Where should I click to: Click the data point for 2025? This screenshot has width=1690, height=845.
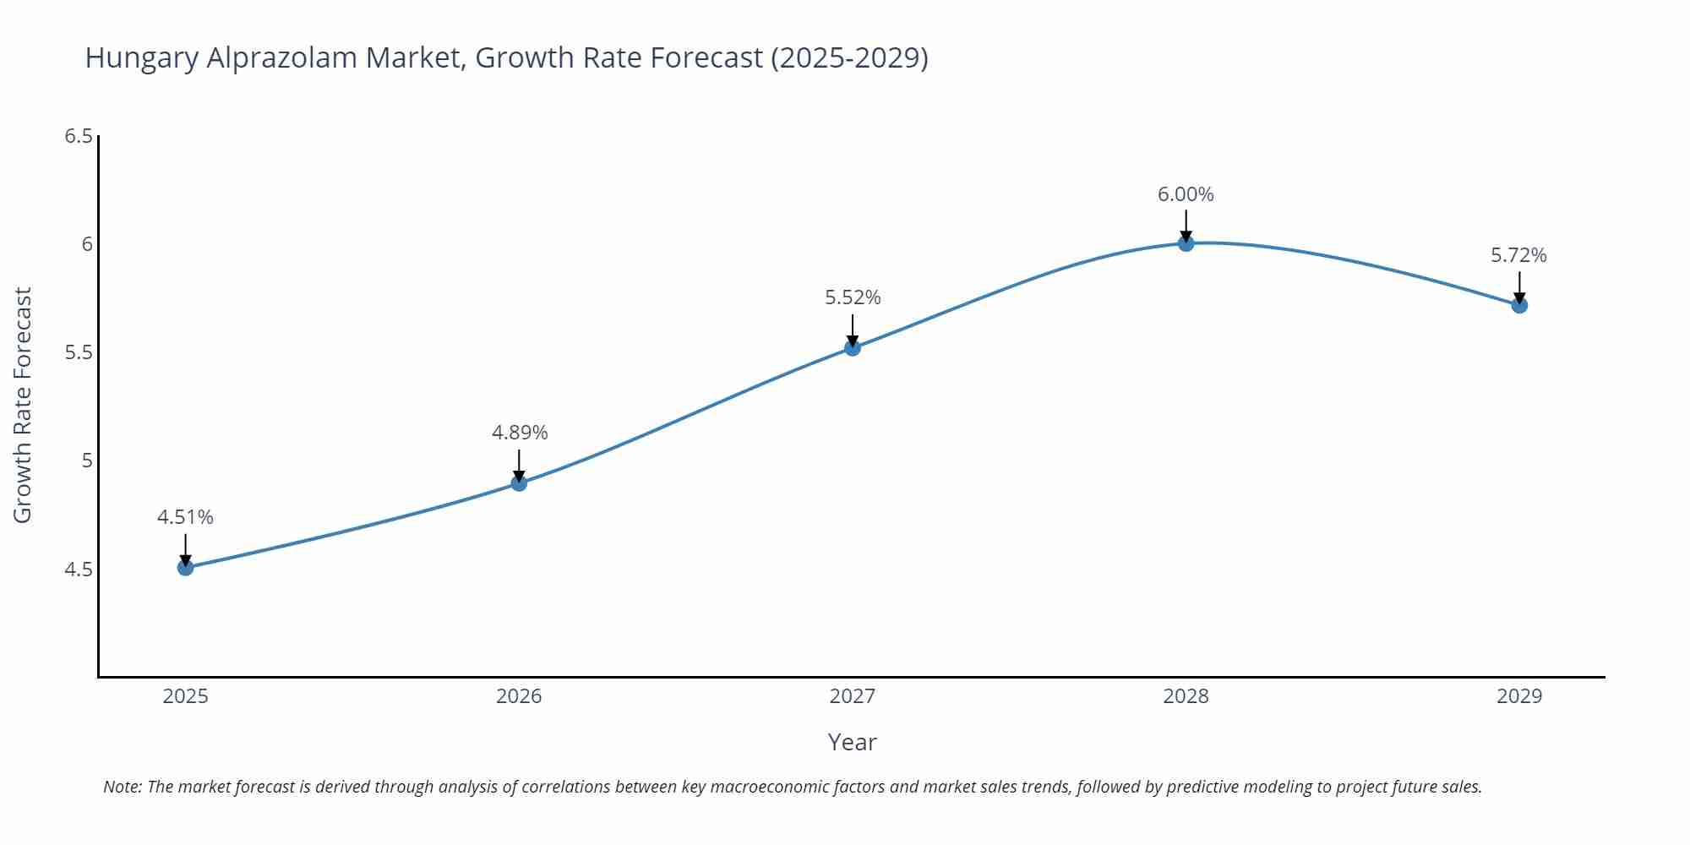[x=185, y=567]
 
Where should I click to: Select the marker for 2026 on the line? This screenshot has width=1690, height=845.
[x=519, y=483]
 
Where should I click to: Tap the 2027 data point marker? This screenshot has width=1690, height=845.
[x=853, y=347]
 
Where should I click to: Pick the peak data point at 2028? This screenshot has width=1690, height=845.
[x=1186, y=243]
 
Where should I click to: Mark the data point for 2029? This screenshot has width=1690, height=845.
[x=1519, y=305]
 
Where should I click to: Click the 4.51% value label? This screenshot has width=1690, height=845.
[x=185, y=517]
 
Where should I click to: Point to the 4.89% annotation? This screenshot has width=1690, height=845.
[x=520, y=433]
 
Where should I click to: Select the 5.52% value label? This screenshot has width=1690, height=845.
[x=853, y=297]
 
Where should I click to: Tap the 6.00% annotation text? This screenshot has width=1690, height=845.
[x=1186, y=194]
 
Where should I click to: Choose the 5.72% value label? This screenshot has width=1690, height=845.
[x=1518, y=255]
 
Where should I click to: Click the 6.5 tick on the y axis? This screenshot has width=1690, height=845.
[x=78, y=136]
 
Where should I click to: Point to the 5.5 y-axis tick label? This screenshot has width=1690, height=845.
[x=78, y=352]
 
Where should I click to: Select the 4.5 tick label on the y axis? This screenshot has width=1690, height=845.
[x=78, y=570]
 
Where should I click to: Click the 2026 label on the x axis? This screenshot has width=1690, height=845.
[x=519, y=696]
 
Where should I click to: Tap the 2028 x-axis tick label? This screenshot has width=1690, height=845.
[x=1186, y=696]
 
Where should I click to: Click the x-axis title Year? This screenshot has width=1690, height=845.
[x=852, y=742]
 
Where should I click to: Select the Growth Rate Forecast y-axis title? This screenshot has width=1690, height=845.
[x=23, y=405]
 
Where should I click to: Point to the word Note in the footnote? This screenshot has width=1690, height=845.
[x=122, y=787]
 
